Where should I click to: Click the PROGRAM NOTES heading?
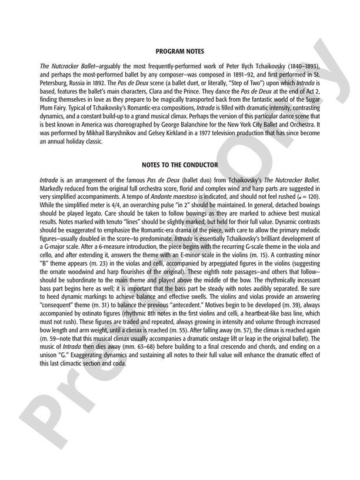(180, 52)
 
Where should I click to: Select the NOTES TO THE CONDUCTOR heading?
(180, 165)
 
